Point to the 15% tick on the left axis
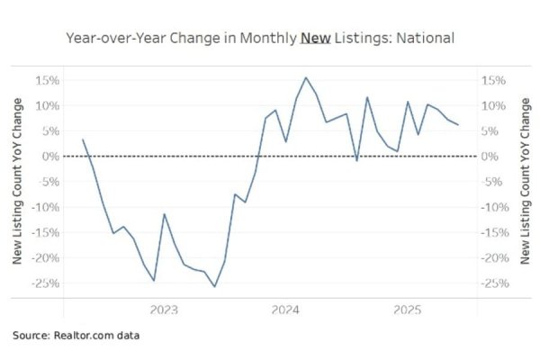pos(47,80)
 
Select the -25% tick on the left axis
pos(45,283)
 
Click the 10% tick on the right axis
pos(497,105)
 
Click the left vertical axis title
pos(16,183)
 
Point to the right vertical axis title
pos(526,183)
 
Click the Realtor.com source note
pos(76,336)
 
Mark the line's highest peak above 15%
pos(306,77)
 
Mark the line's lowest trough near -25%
pos(214,287)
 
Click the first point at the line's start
pos(83,139)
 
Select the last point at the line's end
pos(458,125)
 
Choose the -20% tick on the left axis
pos(45,258)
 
